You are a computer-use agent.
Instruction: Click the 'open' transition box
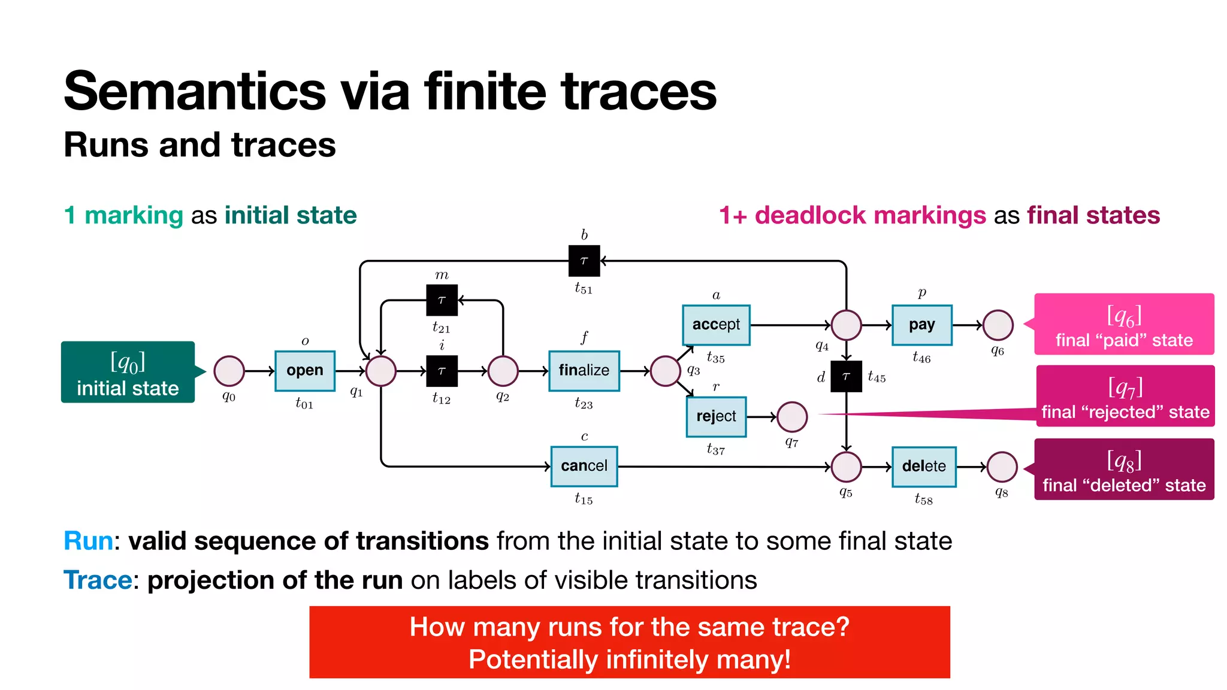coord(304,371)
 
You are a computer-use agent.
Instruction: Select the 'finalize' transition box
coord(584,371)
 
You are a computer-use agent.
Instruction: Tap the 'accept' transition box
coord(716,325)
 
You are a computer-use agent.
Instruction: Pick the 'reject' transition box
coord(716,416)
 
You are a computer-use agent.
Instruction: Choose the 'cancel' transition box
coord(584,466)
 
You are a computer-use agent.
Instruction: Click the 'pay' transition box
coord(921,325)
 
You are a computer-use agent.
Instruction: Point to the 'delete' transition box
coord(923,466)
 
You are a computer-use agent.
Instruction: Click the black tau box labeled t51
coord(584,261)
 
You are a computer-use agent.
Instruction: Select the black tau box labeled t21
coord(442,300)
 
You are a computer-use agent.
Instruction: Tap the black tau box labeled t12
coord(442,371)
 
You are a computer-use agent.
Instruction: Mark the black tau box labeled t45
coord(846,376)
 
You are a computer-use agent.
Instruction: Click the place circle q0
coord(229,371)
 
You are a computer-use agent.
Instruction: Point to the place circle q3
coord(665,371)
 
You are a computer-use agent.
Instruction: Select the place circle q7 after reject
coord(791,417)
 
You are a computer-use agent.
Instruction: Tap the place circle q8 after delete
coord(1002,467)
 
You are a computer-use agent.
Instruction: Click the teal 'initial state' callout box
coord(128,372)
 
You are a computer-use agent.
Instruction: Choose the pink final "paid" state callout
coord(1124,324)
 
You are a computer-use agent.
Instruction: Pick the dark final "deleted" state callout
coord(1124,469)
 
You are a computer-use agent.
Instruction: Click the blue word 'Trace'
coord(98,580)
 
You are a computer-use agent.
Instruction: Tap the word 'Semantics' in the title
coord(195,92)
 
